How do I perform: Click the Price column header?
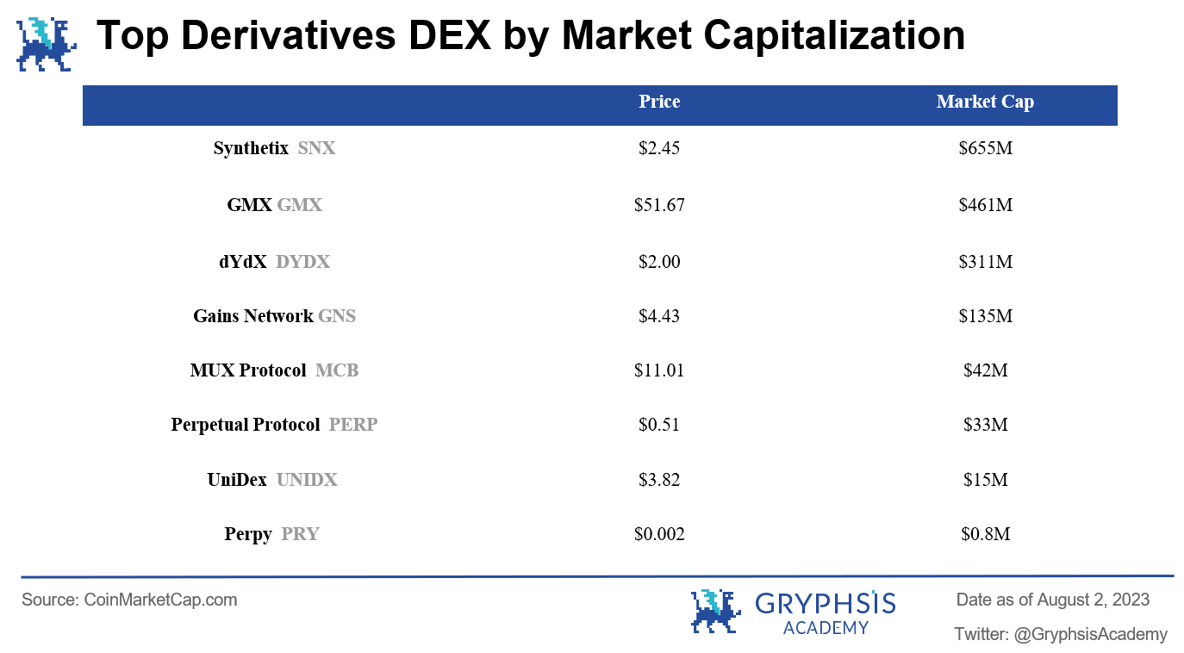tap(659, 102)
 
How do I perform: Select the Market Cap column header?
tap(985, 102)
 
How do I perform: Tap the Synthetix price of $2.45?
tap(659, 148)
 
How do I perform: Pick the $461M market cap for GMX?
tap(985, 205)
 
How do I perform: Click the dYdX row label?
tap(243, 262)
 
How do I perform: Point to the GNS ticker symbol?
tap(337, 316)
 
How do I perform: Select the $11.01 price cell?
tap(659, 370)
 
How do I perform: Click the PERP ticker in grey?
tap(353, 425)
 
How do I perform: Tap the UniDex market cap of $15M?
tap(985, 480)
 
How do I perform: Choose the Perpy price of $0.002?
tap(659, 534)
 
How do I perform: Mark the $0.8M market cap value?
tap(985, 534)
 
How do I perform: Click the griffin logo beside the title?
tap(46, 43)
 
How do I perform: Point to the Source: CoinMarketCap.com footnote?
tap(129, 600)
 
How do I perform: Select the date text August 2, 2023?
tap(1093, 600)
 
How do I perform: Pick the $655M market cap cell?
tap(985, 148)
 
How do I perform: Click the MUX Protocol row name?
tap(248, 370)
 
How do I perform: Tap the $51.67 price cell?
tap(659, 205)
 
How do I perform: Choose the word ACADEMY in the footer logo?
tap(826, 628)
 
